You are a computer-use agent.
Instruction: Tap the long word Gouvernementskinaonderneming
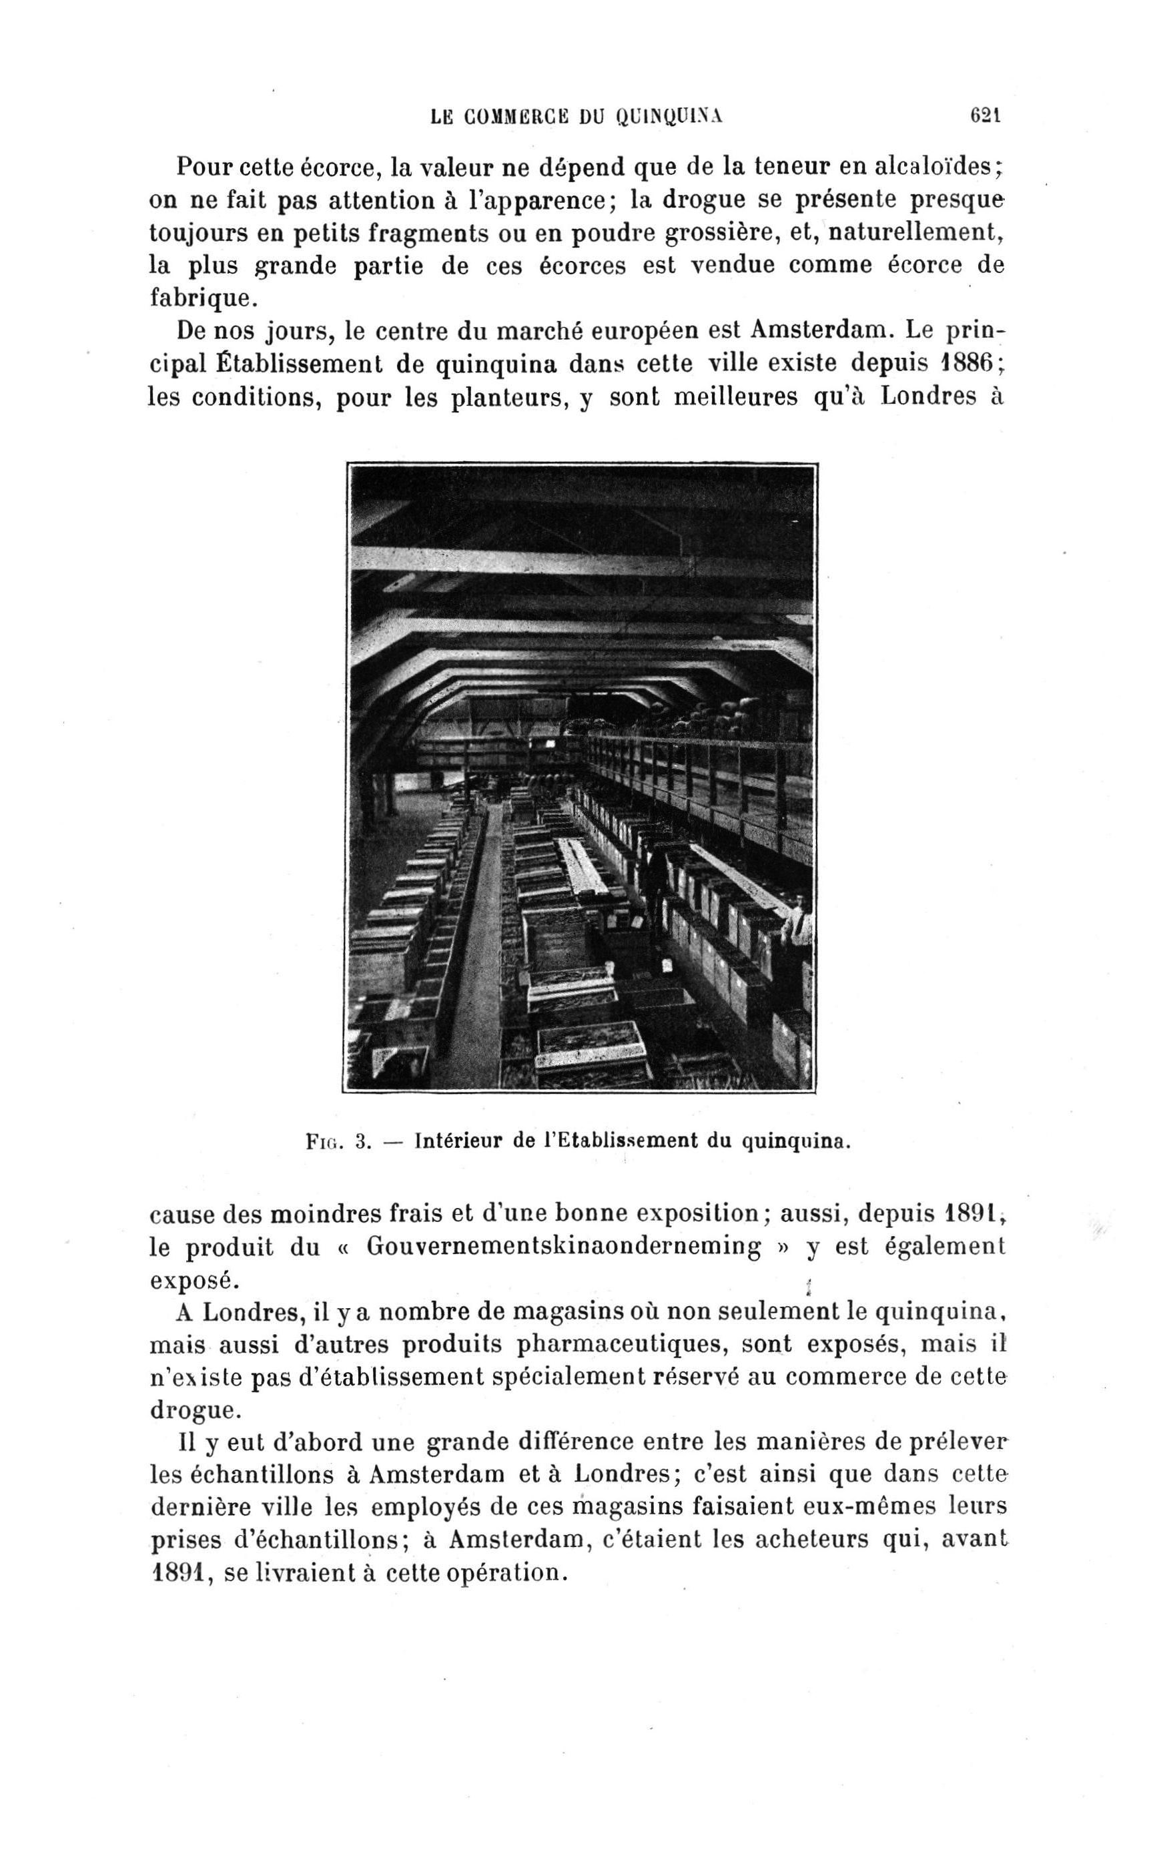pos(564,1246)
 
